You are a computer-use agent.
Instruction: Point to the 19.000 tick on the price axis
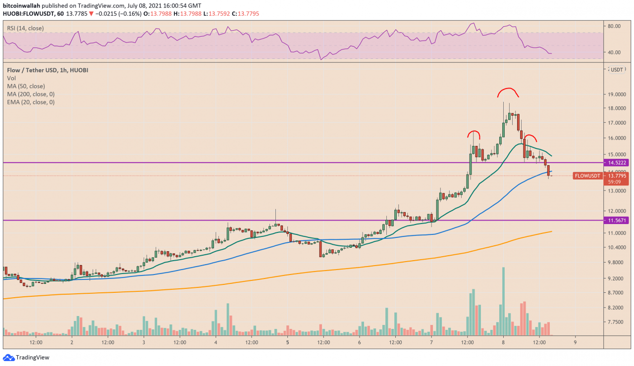pos(615,94)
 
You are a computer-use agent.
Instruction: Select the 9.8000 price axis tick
pos(615,263)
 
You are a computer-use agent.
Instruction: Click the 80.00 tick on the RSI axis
pos(614,26)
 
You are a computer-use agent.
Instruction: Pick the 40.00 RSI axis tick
pos(614,52)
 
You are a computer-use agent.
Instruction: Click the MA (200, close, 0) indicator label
pos(31,94)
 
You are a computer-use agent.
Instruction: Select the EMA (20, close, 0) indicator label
pos(31,102)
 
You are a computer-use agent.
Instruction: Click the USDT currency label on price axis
pos(617,70)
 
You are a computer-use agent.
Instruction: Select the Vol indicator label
pos(11,78)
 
